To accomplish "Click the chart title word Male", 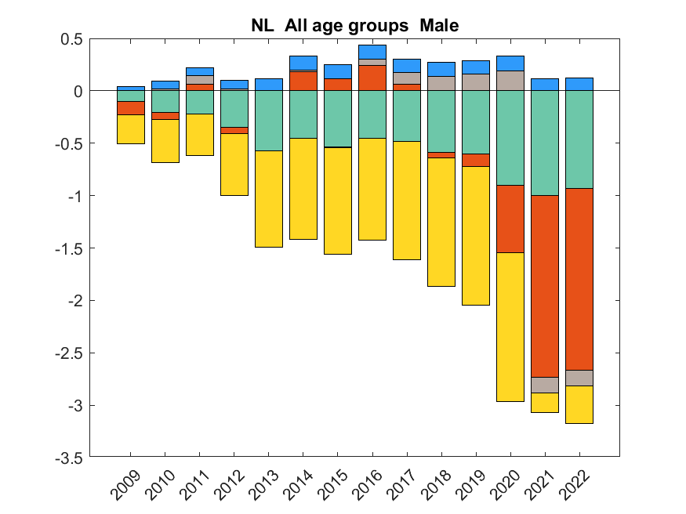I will [439, 26].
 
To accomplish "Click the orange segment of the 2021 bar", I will [545, 286].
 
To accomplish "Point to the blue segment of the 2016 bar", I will [372, 52].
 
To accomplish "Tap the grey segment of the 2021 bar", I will [545, 385].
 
